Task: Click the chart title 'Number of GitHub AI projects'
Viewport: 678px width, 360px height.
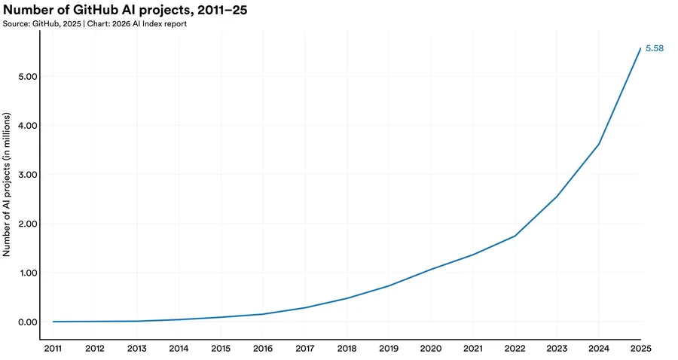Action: tap(125, 10)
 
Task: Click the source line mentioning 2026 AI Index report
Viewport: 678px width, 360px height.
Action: tap(95, 24)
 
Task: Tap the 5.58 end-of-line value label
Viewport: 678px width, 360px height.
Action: tap(655, 48)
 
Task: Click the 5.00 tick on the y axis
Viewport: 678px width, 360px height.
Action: tap(27, 77)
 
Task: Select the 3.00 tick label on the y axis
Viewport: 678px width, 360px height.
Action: tap(27, 175)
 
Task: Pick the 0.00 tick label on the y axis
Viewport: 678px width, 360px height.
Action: tap(27, 322)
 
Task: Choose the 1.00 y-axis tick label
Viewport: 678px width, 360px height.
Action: tap(27, 273)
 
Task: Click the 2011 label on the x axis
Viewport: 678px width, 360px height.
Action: tap(53, 349)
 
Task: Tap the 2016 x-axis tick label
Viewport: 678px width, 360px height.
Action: tap(263, 349)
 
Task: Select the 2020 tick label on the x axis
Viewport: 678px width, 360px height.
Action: tap(431, 349)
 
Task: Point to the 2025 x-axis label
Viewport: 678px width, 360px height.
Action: tap(640, 349)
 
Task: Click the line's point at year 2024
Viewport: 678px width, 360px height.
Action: tap(599, 144)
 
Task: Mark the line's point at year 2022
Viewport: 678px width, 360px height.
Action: tap(515, 236)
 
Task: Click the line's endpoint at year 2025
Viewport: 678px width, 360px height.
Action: tap(640, 48)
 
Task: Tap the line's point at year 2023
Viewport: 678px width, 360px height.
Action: tap(557, 196)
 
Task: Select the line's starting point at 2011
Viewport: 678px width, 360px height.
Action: tap(53, 322)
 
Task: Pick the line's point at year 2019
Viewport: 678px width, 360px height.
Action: tap(389, 285)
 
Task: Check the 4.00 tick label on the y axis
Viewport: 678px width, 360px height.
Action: tap(27, 126)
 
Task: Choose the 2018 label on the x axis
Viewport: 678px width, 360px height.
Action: tap(347, 349)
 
